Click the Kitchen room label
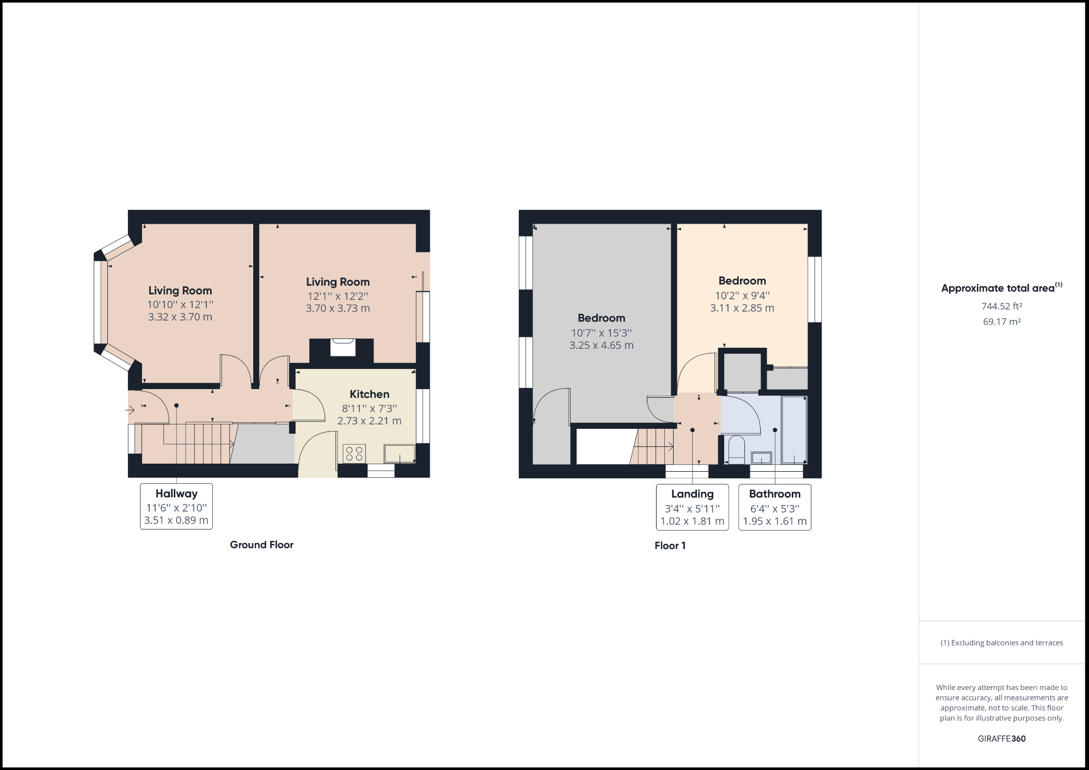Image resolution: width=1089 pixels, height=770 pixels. pyautogui.click(x=369, y=394)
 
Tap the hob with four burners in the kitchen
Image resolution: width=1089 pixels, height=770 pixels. pyautogui.click(x=354, y=454)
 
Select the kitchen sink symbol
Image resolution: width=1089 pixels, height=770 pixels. pyautogui.click(x=400, y=453)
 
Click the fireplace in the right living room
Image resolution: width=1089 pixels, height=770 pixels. pyautogui.click(x=342, y=347)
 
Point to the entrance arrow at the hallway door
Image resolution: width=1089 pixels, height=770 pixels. pyautogui.click(x=130, y=410)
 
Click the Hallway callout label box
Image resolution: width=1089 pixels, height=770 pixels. pyautogui.click(x=176, y=506)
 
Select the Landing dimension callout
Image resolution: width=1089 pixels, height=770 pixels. pyautogui.click(x=692, y=507)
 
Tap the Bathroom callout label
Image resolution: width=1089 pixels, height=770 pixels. pyautogui.click(x=774, y=507)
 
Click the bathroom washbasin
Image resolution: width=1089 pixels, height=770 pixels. pyautogui.click(x=761, y=458)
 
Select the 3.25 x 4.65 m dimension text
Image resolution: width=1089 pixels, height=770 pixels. pyautogui.click(x=601, y=345)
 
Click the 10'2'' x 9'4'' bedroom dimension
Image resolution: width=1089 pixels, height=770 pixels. pyautogui.click(x=742, y=295)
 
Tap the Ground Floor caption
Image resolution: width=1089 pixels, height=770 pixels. pyautogui.click(x=261, y=545)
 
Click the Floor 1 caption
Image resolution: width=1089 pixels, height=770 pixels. pyautogui.click(x=670, y=545)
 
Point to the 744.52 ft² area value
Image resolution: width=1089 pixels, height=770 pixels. pyautogui.click(x=1001, y=306)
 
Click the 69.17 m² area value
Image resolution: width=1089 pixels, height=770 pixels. pyautogui.click(x=1001, y=322)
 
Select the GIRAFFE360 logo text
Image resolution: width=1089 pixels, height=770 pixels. pyautogui.click(x=1001, y=738)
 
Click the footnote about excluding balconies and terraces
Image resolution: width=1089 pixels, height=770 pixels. pyautogui.click(x=1001, y=643)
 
